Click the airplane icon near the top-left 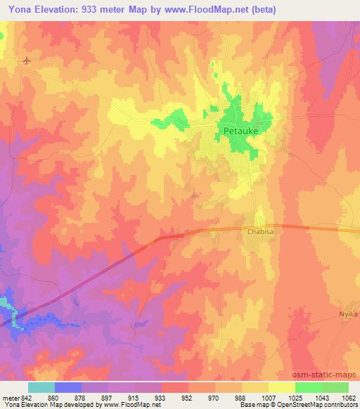27,61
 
